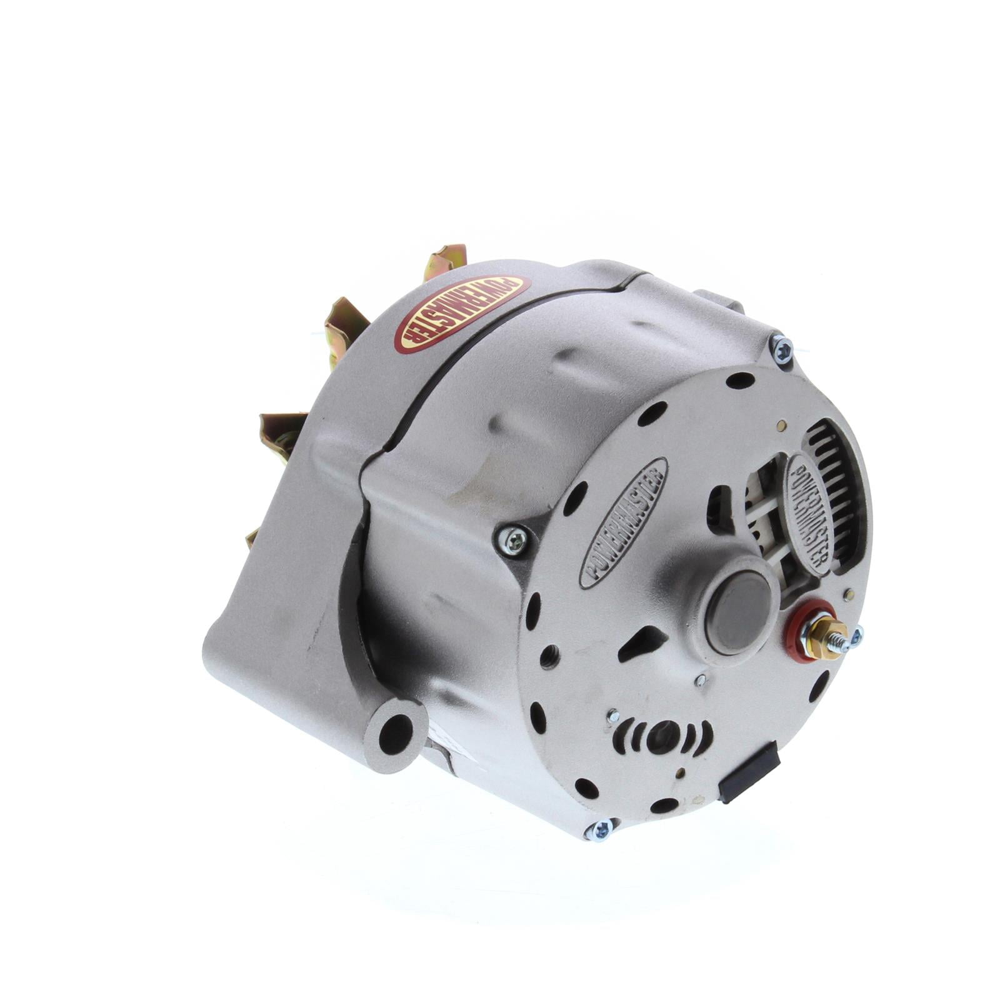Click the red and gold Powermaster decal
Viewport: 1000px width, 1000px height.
coord(462,314)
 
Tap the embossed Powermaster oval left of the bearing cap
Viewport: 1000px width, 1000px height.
coord(624,522)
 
